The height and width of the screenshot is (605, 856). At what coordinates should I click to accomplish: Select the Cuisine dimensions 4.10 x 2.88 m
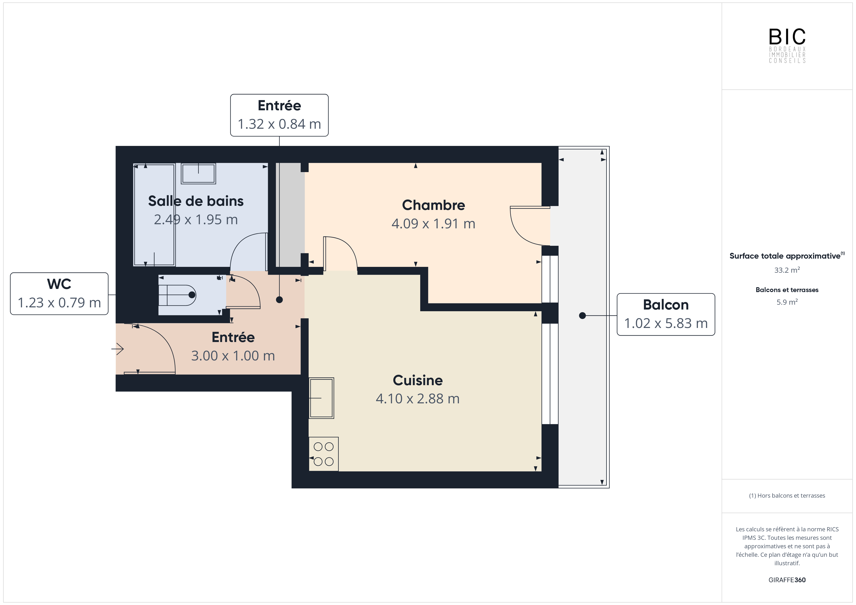[418, 399]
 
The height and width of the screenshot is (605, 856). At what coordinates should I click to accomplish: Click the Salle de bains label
[196, 201]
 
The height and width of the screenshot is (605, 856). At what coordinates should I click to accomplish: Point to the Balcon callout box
[666, 314]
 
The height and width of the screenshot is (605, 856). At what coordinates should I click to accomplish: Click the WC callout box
[59, 294]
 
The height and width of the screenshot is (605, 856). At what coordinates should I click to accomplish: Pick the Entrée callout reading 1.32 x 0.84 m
[279, 115]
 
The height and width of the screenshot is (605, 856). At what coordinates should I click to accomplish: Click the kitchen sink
[321, 398]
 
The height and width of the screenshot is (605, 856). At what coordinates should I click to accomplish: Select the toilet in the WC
[177, 295]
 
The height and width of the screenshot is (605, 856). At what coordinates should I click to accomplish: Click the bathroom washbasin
[198, 174]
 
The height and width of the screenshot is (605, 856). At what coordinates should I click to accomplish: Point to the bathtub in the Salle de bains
[154, 215]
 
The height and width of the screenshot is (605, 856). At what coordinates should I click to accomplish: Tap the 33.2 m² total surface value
[787, 270]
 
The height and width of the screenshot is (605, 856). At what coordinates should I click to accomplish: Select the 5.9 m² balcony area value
[787, 302]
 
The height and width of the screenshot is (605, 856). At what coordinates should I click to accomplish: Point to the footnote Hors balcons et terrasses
[787, 495]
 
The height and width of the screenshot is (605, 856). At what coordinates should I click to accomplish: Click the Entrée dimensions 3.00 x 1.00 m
[233, 356]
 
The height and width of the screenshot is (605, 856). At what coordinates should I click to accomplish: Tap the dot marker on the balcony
[582, 316]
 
